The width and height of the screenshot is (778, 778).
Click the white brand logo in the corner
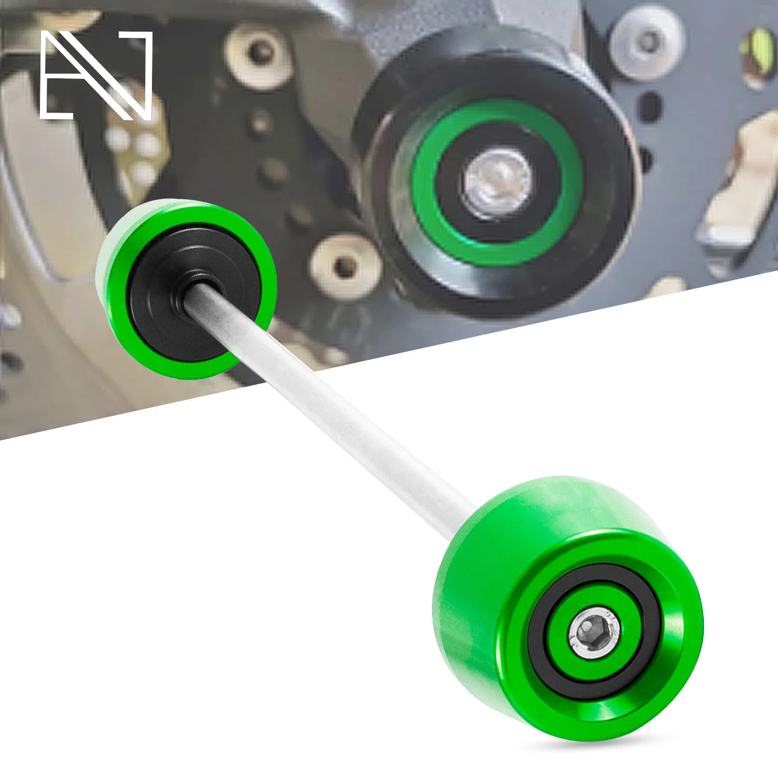click(x=96, y=75)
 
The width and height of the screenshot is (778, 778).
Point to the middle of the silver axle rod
click(x=332, y=410)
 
